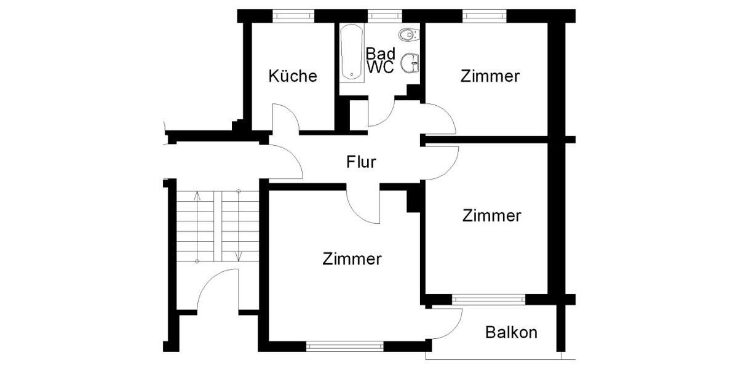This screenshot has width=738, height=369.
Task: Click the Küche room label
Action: [x=293, y=76]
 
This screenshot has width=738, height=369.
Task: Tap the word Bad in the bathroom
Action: [x=381, y=54]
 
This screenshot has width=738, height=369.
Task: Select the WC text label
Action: [x=381, y=68]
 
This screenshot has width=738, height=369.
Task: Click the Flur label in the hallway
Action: [x=361, y=162]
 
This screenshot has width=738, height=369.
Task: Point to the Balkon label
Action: [x=511, y=333]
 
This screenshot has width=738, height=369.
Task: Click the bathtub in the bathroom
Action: [x=352, y=52]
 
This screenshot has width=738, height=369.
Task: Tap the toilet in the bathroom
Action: [x=408, y=34]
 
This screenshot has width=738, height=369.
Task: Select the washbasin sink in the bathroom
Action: [x=410, y=62]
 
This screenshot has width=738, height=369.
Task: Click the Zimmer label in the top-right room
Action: [x=490, y=76]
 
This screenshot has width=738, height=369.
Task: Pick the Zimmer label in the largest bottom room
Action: [x=352, y=259]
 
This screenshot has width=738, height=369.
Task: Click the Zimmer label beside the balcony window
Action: [x=492, y=216]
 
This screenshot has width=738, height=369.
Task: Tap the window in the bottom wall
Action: [x=344, y=346]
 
